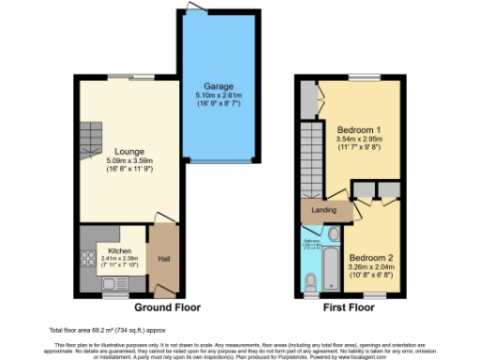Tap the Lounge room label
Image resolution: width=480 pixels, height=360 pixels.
(x=129, y=150)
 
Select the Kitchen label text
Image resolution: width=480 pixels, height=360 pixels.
(x=118, y=252)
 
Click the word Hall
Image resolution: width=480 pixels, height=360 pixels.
(x=163, y=260)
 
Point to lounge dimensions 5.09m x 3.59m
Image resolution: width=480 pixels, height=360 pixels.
(x=129, y=160)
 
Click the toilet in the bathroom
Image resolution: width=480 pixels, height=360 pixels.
(x=311, y=278)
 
